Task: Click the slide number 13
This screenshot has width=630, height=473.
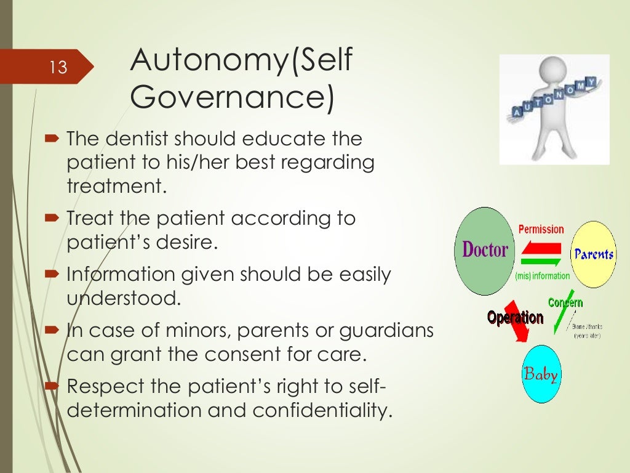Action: click(58, 67)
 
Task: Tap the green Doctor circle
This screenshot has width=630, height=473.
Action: click(485, 251)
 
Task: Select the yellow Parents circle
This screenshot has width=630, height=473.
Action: click(593, 254)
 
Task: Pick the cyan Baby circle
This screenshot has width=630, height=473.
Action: click(540, 374)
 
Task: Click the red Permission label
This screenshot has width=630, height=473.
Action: click(541, 230)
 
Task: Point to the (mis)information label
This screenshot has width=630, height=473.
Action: click(542, 276)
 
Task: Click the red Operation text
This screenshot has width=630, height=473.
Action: click(515, 318)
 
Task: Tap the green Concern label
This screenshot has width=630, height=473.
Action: click(565, 302)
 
